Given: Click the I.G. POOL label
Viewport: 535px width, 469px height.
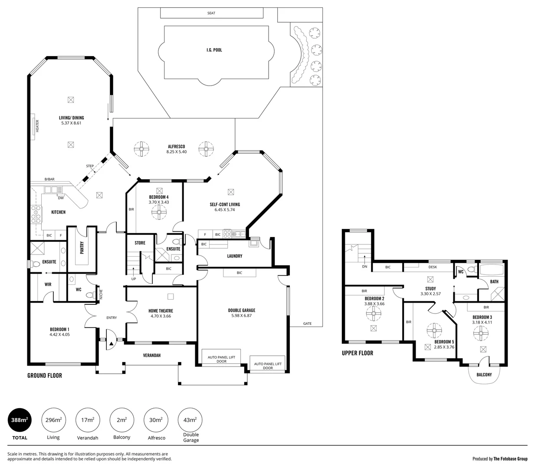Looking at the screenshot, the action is [214, 50].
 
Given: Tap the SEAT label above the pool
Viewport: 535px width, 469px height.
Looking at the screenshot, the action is [211, 13].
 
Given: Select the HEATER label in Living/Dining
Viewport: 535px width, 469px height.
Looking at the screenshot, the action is [37, 126].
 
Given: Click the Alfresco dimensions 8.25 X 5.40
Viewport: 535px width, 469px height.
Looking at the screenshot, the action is [177, 152].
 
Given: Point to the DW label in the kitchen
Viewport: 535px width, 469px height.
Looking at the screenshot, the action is [61, 198].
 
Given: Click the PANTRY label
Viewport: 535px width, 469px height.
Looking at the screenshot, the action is [82, 248].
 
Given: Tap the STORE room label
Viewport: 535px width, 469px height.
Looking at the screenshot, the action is [140, 243].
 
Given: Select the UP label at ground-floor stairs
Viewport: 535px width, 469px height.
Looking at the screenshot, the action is [134, 279].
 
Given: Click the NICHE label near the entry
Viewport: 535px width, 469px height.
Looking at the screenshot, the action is [101, 294].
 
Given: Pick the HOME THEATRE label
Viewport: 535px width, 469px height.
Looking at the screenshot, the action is [161, 311].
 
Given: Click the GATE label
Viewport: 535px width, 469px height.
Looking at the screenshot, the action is [307, 324].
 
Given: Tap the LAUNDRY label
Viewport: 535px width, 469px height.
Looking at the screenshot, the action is [235, 256].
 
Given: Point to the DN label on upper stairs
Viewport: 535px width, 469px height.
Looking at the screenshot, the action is [364, 267].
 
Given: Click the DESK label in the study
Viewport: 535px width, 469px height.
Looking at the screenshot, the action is [433, 267].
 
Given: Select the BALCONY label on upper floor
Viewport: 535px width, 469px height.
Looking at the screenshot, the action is [484, 375].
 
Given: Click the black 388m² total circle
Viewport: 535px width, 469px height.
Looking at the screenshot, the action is [20, 420].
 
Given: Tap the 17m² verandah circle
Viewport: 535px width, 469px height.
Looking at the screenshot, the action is [88, 420].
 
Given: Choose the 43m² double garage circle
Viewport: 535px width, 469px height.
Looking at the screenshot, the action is [190, 420].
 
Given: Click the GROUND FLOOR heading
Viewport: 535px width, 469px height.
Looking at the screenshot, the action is [45, 376].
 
